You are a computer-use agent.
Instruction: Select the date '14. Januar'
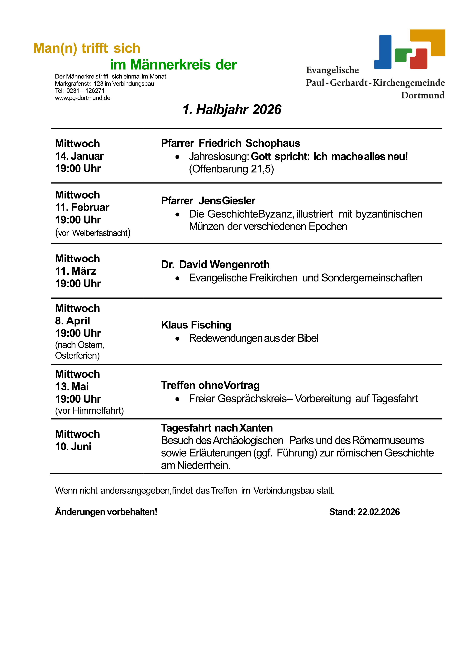tap(79, 156)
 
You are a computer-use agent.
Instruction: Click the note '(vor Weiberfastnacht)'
tap(93, 233)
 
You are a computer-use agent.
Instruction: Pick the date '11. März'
tap(75, 271)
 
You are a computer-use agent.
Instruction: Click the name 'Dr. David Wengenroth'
tap(215, 265)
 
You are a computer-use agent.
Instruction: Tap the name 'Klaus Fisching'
tap(196, 325)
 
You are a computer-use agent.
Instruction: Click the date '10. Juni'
tap(73, 447)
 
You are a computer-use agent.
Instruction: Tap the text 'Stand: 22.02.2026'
tap(364, 512)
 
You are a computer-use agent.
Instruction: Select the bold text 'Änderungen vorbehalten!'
tap(106, 512)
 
